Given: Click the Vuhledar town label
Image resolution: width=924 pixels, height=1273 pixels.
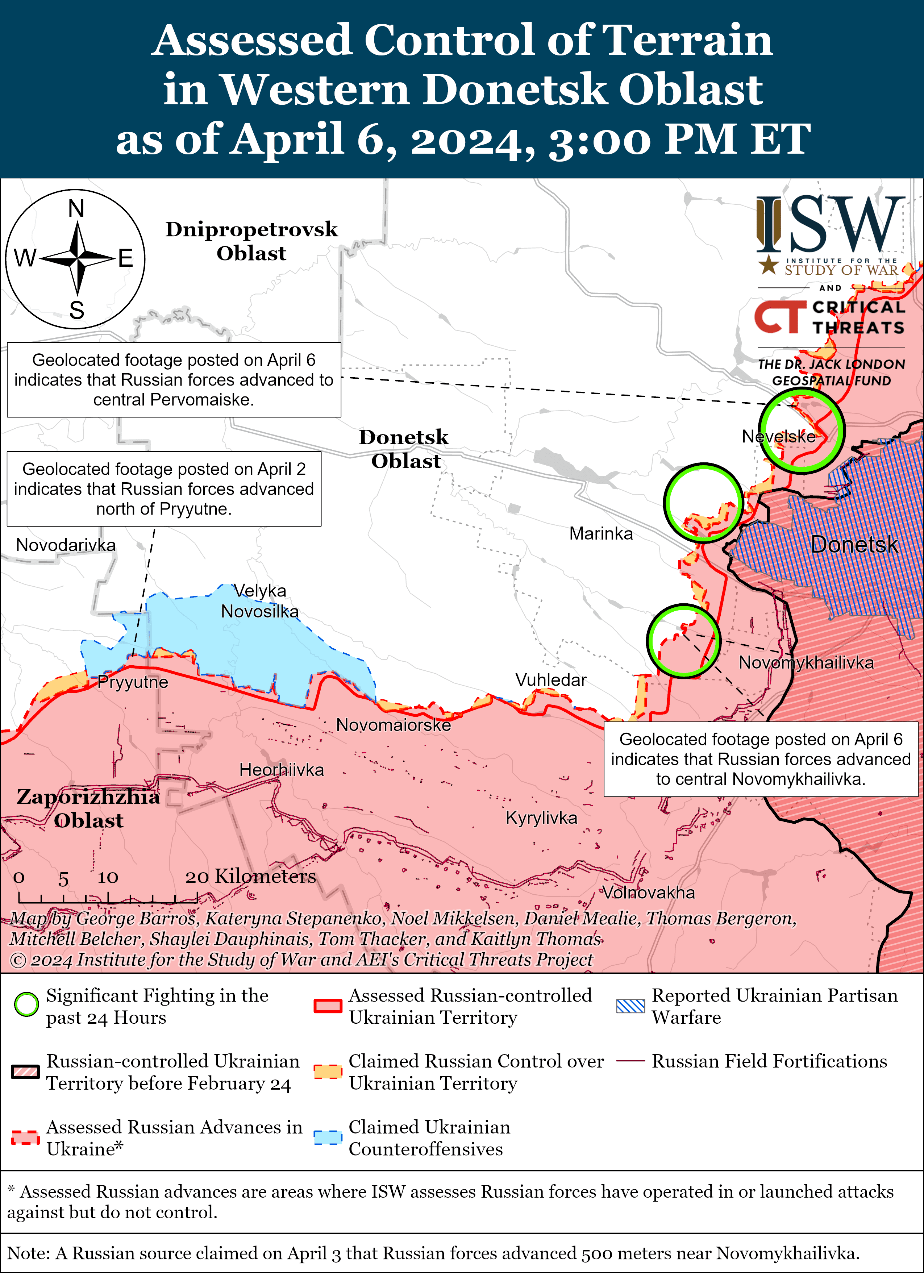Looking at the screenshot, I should tap(551, 680).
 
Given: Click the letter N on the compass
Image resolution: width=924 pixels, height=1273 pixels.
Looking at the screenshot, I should tap(76, 209).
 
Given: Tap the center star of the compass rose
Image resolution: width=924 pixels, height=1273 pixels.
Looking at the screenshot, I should tap(77, 259).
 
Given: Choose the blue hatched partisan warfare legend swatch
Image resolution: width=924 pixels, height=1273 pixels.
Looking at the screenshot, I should tap(630, 1006).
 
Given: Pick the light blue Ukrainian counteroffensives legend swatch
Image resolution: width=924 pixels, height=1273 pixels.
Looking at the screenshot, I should tap(328, 1137).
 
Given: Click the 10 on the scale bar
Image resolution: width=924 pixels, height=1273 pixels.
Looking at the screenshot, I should tap(108, 877).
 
